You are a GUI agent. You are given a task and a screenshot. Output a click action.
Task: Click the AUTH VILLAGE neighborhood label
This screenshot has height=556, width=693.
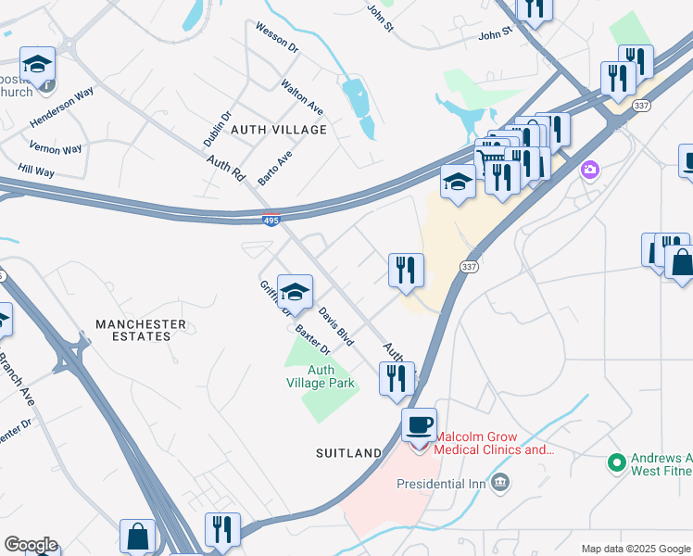tap(278, 130)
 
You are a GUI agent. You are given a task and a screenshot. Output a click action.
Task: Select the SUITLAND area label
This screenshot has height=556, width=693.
tap(347, 453)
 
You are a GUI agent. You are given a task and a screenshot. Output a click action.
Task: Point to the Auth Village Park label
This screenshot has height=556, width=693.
tap(320, 376)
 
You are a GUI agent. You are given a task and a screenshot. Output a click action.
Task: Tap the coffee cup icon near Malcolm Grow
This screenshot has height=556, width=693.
tap(419, 425)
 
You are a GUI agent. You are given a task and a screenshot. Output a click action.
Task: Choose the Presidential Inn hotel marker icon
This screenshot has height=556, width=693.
tap(500, 483)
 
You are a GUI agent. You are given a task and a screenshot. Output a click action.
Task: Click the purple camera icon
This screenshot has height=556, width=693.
tap(589, 171)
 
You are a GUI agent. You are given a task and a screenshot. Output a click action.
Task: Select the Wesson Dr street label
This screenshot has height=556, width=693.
tap(277, 40)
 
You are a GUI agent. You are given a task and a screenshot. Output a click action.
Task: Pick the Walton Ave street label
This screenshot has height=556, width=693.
tap(302, 96)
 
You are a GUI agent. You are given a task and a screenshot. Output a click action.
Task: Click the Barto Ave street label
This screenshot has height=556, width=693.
tap(275, 168)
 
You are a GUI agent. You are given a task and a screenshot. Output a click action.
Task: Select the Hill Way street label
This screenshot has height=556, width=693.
tap(36, 171)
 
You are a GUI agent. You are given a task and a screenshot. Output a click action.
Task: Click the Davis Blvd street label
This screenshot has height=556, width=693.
tap(336, 327)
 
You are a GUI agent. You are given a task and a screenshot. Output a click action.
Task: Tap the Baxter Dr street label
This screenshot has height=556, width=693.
tap(313, 340)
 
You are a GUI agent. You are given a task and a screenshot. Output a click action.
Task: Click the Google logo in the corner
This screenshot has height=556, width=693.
tap(31, 545)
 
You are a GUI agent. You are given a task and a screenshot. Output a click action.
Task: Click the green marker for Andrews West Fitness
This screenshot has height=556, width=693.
tap(615, 461)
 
